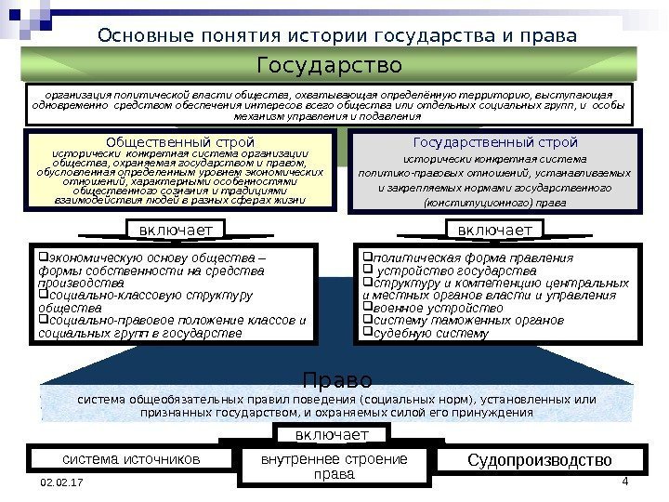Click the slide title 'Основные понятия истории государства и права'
[336, 36]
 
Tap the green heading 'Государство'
[329, 67]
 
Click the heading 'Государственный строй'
[494, 142]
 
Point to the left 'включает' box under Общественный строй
[176, 229]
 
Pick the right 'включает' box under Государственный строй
[495, 229]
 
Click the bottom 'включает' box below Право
[333, 435]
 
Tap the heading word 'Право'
[337, 380]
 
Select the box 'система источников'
[131, 459]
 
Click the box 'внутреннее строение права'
[335, 468]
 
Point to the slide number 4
[625, 481]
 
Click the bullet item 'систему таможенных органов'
[461, 320]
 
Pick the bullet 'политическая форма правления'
[470, 258]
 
